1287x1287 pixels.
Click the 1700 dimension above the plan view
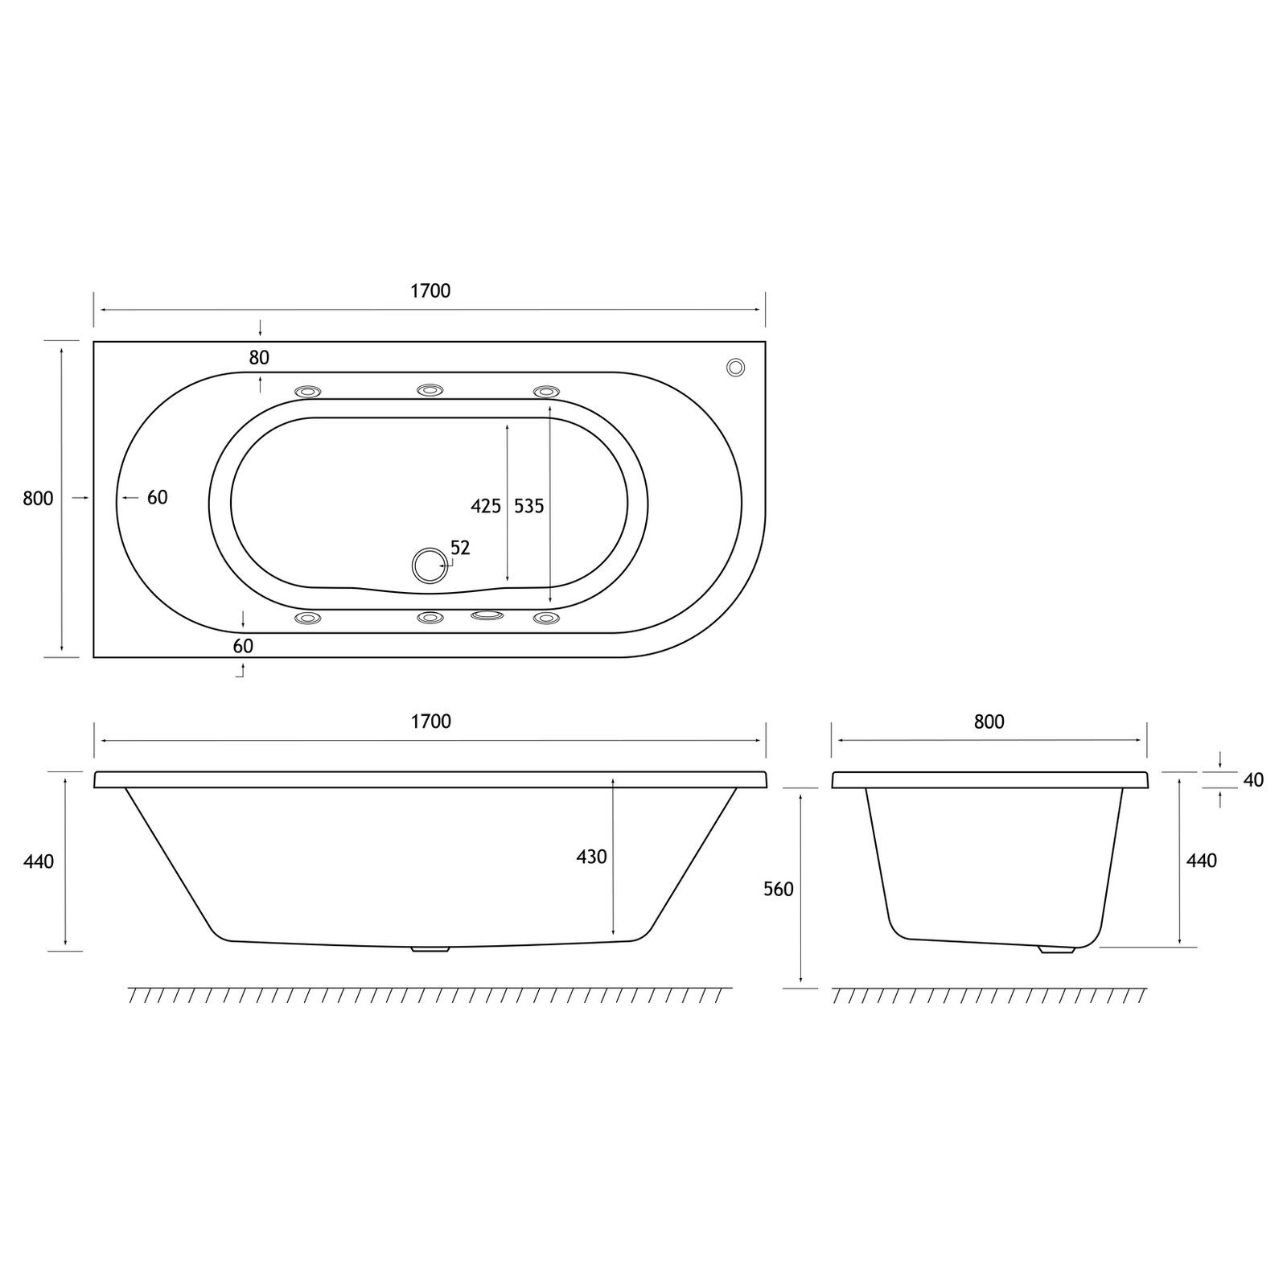(430, 291)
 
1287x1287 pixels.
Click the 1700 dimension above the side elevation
(430, 722)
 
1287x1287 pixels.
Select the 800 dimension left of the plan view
(38, 499)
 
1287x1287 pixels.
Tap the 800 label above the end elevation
(989, 722)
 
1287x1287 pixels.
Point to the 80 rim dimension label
(259, 357)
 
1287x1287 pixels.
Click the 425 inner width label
(486, 506)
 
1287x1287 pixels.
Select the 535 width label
(529, 506)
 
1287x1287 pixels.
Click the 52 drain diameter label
(460, 548)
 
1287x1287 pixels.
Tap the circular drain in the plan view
(429, 565)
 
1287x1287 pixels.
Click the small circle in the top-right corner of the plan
(735, 367)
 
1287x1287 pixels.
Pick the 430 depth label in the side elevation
(591, 857)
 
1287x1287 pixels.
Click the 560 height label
(779, 889)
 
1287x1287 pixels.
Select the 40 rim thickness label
(1253, 779)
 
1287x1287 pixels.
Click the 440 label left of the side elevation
(39, 861)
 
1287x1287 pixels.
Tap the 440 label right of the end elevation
(1202, 861)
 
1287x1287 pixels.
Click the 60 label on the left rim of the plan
(158, 498)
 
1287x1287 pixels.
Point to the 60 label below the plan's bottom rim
(243, 646)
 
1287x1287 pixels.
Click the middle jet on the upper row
(430, 390)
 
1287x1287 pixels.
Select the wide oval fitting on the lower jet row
(487, 616)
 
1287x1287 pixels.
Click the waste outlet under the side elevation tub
(430, 949)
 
